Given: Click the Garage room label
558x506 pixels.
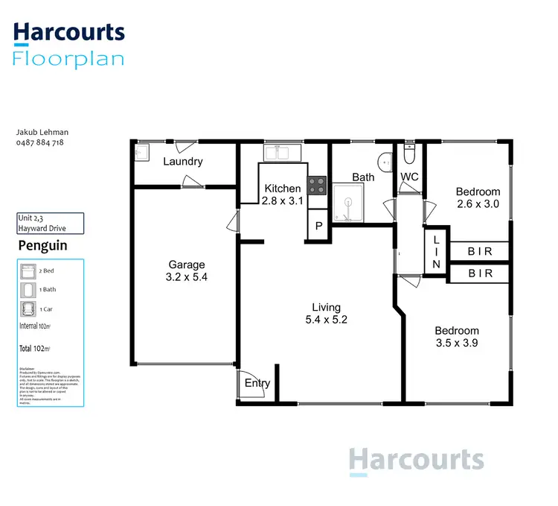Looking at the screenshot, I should pyautogui.click(x=186, y=265).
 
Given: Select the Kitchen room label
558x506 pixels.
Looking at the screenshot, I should pyautogui.click(x=283, y=189).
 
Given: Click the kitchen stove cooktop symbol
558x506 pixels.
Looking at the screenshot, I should pyautogui.click(x=317, y=184).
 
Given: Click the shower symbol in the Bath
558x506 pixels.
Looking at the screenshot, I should pyautogui.click(x=349, y=203).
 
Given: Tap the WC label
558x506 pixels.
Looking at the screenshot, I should pyautogui.click(x=410, y=177).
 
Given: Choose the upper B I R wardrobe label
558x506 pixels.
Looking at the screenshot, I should pyautogui.click(x=480, y=252).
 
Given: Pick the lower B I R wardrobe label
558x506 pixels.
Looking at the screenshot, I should pyautogui.click(x=480, y=273).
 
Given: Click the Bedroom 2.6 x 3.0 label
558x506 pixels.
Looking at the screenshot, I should pyautogui.click(x=478, y=198).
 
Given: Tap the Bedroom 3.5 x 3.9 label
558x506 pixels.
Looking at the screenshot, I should pyautogui.click(x=457, y=338).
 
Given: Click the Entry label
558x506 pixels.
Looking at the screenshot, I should pyautogui.click(x=257, y=383).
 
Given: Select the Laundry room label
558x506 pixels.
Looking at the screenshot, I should pyautogui.click(x=182, y=162).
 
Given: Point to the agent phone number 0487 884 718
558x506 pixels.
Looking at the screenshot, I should pyautogui.click(x=40, y=142).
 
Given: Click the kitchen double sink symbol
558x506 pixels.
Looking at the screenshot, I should pyautogui.click(x=280, y=153).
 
